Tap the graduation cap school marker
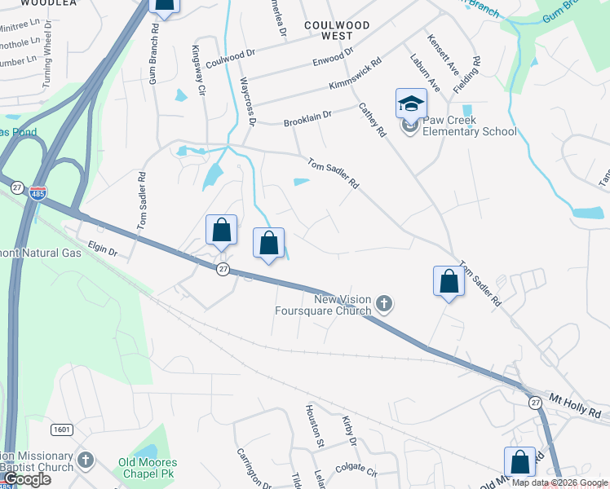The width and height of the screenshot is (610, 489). (x=411, y=103)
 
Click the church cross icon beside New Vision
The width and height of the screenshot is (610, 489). (x=385, y=305)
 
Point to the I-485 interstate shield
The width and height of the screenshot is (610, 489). (x=39, y=192)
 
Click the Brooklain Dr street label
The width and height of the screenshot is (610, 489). (x=307, y=119)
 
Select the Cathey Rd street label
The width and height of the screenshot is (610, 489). (x=371, y=120)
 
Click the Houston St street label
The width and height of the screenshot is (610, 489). (x=315, y=425)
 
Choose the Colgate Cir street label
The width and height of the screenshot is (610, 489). (x=356, y=471)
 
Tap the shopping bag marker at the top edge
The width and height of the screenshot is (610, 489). (x=164, y=6)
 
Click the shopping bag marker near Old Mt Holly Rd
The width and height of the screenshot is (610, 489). (x=519, y=463)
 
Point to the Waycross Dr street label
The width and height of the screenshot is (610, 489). (x=248, y=102)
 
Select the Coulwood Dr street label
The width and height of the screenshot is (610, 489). (x=231, y=57)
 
